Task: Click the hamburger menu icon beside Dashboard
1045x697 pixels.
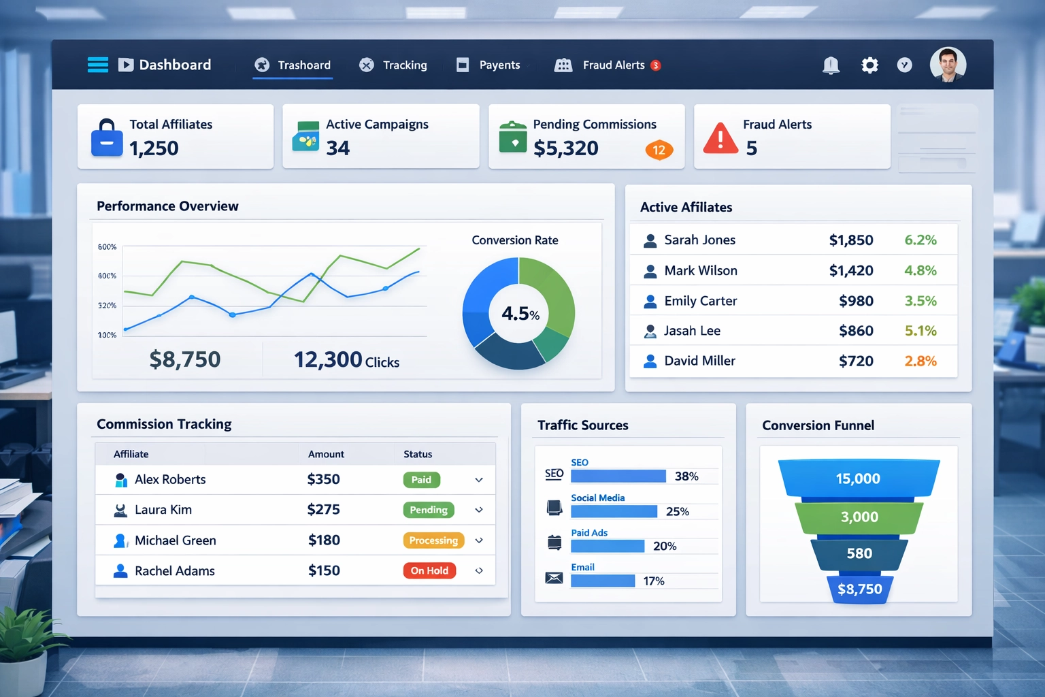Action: point(98,65)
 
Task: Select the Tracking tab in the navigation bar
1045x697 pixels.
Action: point(394,65)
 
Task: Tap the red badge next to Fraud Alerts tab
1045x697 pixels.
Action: point(655,65)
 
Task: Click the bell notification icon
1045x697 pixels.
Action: point(831,65)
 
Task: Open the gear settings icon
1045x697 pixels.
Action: point(869,65)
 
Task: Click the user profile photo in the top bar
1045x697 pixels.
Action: point(948,65)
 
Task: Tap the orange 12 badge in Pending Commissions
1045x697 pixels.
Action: point(659,150)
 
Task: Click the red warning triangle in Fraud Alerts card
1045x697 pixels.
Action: point(720,138)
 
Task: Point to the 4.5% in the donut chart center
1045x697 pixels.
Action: point(520,314)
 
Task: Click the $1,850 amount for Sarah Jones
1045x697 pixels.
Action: point(850,240)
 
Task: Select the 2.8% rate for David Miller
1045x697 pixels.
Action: point(920,361)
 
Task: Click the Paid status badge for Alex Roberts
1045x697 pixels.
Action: point(421,480)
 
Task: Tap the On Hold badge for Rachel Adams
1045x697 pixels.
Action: point(429,571)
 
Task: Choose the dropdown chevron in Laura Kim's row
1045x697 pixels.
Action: point(479,510)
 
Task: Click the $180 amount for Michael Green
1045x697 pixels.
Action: point(324,540)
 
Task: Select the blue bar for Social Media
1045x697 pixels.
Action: point(614,511)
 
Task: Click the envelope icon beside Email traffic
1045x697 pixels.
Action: point(554,579)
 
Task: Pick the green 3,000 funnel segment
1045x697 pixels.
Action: point(859,517)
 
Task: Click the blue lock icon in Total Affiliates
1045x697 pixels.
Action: point(107,138)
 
